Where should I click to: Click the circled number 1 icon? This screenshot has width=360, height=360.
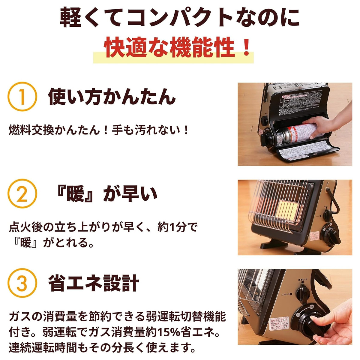tap(22, 97)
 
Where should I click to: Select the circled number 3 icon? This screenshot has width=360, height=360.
tap(22, 283)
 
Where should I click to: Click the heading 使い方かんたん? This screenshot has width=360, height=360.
tap(112, 97)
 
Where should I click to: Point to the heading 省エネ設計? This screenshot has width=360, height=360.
tap(94, 283)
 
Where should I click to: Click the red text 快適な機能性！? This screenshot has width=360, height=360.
tap(177, 48)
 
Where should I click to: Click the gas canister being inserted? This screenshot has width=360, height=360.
tap(295, 132)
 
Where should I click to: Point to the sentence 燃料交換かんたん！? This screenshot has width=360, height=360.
tap(60, 130)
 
